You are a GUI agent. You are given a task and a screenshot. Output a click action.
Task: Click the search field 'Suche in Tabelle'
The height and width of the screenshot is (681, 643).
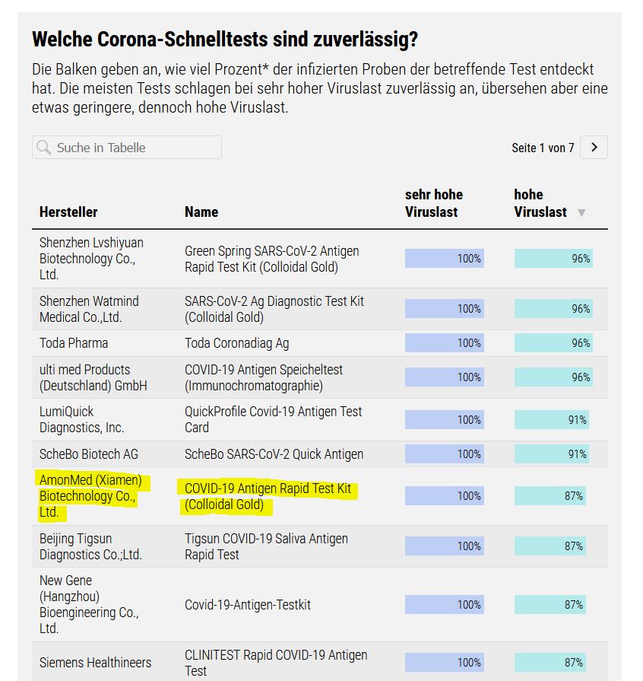[x=127, y=148]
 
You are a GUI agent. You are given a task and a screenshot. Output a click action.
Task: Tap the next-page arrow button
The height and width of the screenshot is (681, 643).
[x=594, y=148]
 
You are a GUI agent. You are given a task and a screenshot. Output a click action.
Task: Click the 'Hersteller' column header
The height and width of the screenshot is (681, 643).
[x=68, y=212]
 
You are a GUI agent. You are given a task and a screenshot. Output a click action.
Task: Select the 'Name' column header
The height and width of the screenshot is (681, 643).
[x=201, y=212]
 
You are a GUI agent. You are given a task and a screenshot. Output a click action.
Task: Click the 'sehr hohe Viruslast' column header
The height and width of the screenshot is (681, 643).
[x=434, y=203]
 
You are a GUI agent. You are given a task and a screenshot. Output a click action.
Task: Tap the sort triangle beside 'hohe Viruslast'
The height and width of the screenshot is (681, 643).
[x=581, y=213]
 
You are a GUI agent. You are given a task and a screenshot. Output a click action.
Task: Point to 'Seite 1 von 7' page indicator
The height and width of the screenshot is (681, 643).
[x=543, y=148]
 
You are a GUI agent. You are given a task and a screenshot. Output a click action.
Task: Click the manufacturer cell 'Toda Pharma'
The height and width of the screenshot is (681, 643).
[x=74, y=343]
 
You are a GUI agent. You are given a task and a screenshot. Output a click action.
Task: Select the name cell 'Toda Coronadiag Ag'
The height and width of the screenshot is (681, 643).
[x=236, y=343]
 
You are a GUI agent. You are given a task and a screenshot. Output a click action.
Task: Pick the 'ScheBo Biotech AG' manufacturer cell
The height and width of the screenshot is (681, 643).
[x=89, y=454]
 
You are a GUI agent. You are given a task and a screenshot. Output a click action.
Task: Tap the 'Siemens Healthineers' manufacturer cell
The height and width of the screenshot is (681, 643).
[x=95, y=662]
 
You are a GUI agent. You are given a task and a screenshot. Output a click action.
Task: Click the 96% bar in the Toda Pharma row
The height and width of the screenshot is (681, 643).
[x=553, y=343]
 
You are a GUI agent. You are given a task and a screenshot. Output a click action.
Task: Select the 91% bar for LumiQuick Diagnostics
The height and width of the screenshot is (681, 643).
[x=551, y=420]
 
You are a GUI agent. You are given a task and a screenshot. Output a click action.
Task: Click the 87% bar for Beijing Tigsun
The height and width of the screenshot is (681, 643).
[x=550, y=546]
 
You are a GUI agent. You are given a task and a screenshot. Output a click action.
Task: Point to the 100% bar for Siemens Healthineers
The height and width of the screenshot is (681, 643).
[x=444, y=662]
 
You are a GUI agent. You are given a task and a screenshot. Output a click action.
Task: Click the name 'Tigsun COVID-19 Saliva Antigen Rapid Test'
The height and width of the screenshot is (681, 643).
[x=266, y=546]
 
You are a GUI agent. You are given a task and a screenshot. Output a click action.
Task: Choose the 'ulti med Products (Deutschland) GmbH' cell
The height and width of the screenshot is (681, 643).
[x=93, y=377]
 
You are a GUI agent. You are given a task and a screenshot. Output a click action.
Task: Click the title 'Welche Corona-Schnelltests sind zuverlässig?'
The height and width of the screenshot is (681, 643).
[x=225, y=39]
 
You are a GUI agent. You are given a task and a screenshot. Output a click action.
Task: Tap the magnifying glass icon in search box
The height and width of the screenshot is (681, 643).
[x=45, y=148]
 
